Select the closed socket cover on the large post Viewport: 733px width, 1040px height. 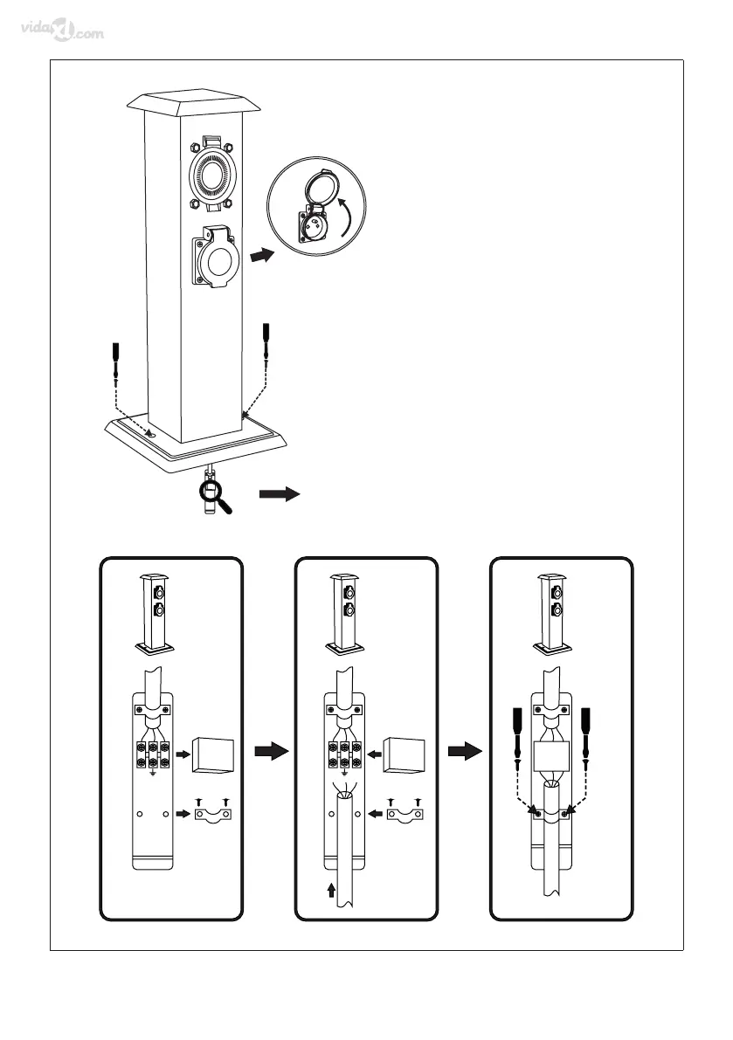tap(213, 259)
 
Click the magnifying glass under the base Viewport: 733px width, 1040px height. tap(213, 493)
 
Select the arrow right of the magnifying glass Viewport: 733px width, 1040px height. tap(280, 494)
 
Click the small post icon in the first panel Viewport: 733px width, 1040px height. tap(153, 615)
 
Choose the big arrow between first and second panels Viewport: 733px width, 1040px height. tap(270, 752)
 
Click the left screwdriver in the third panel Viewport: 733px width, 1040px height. tap(516, 734)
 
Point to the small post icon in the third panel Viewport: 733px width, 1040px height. tap(552, 615)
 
